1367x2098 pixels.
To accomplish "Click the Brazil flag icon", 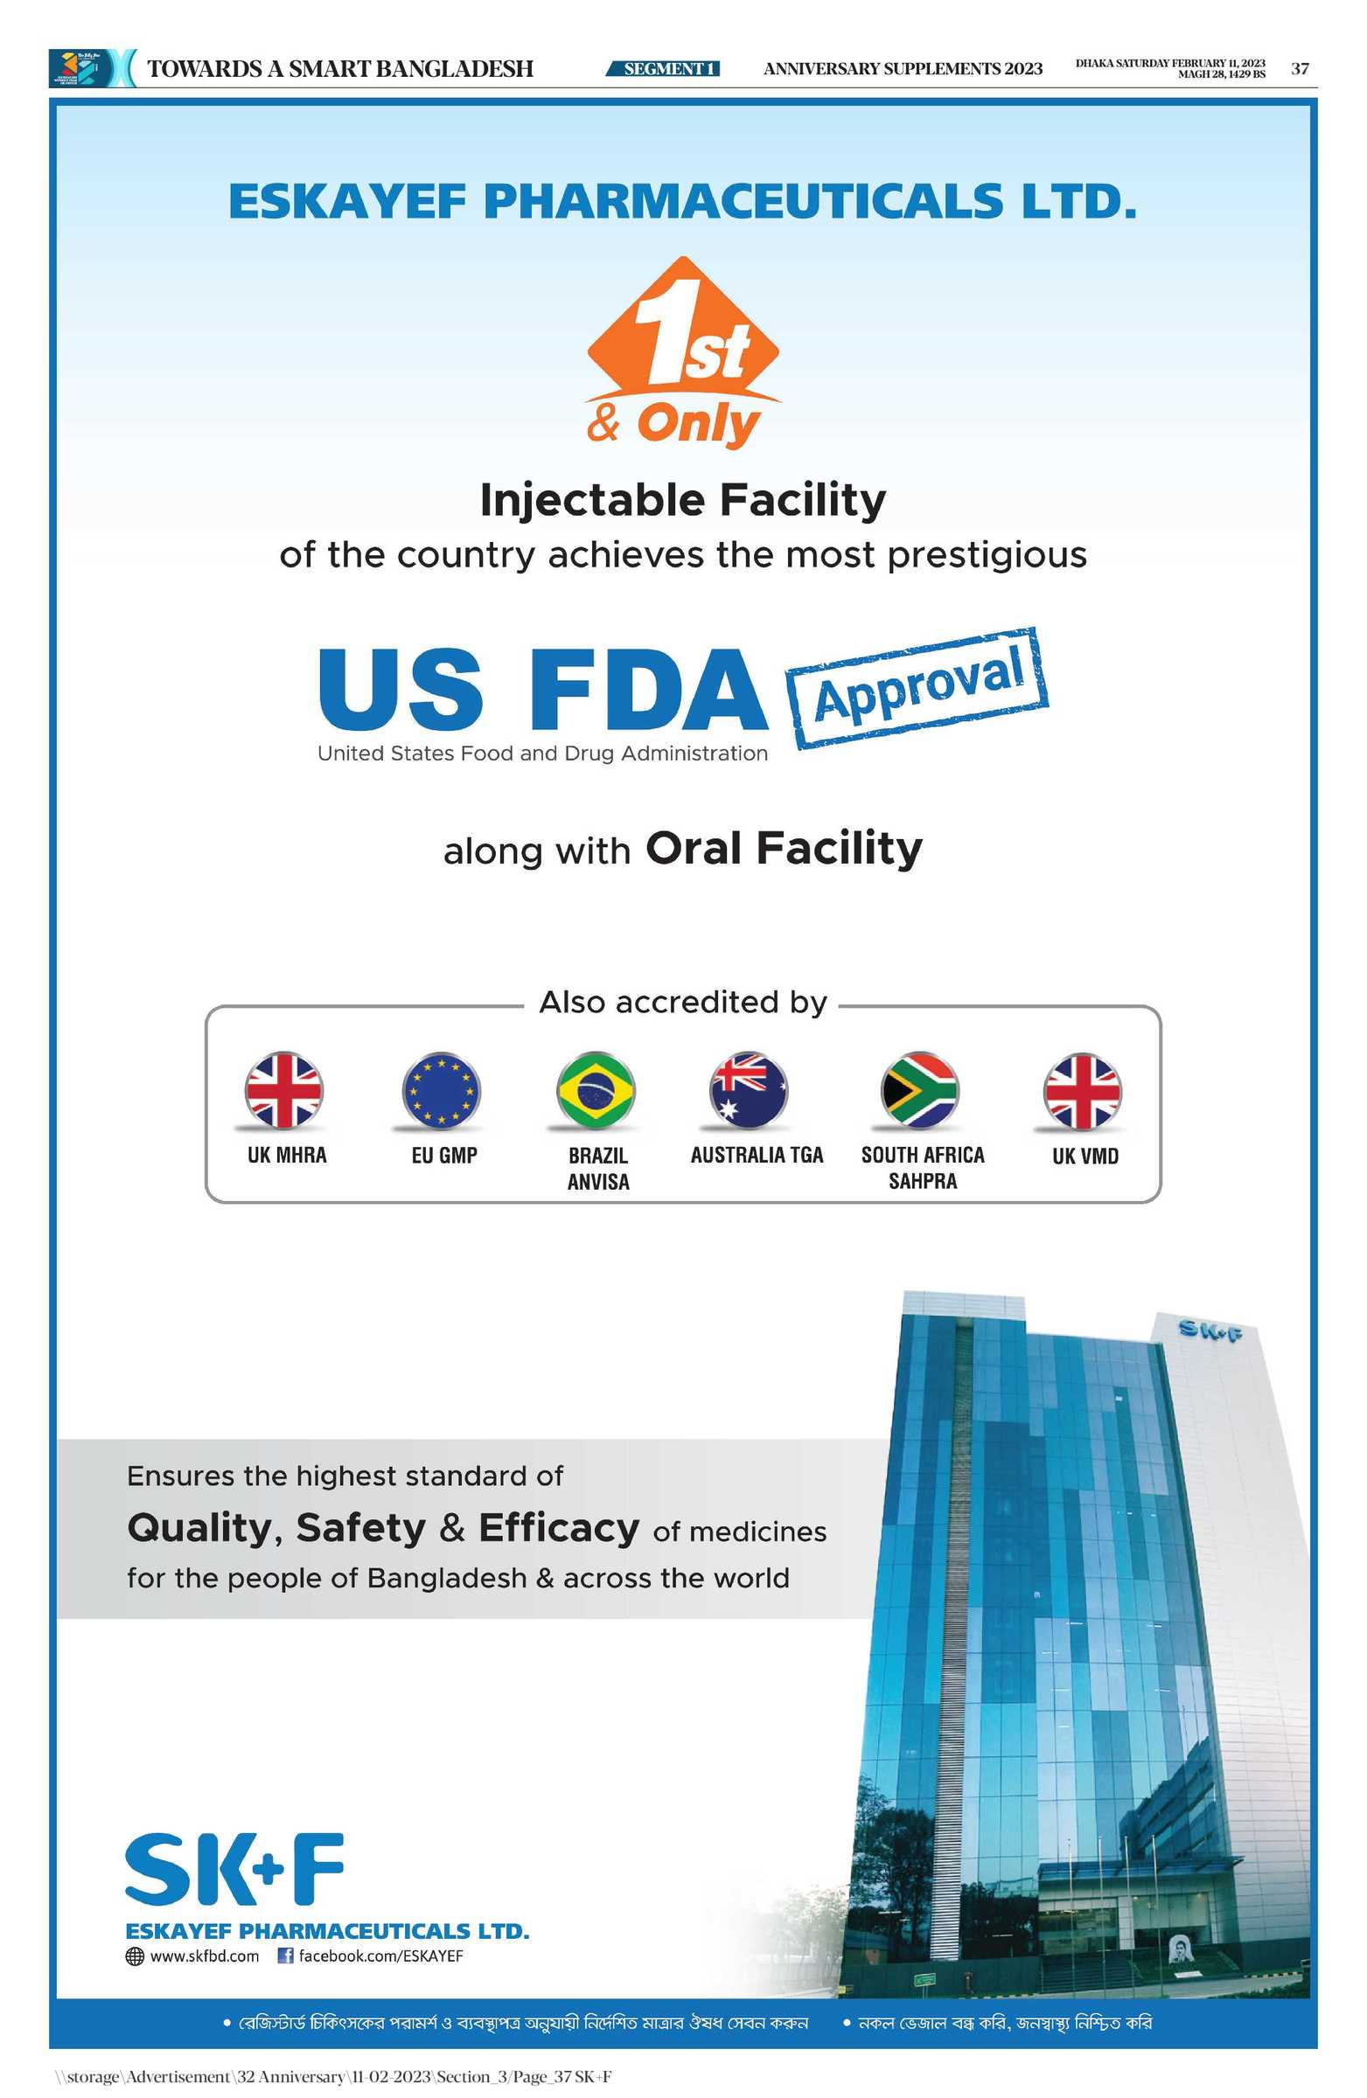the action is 596,1089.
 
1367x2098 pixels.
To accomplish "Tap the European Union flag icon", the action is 441,1089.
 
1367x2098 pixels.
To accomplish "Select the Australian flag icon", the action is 749,1089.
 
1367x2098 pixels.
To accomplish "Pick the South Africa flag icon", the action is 919,1089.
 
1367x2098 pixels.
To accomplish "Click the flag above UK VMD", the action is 1082,1090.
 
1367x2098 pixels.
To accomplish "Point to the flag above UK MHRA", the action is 284,1089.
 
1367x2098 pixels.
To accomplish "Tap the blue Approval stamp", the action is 917,689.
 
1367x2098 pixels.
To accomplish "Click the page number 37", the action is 1299,69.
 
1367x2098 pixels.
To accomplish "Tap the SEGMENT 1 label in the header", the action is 663,69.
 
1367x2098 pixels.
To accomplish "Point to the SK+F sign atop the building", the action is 1212,1331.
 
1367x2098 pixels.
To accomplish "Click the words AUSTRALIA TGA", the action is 757,1155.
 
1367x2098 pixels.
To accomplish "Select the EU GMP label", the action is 444,1155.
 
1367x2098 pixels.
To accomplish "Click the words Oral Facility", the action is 784,848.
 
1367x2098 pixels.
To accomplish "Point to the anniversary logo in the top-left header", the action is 88,68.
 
